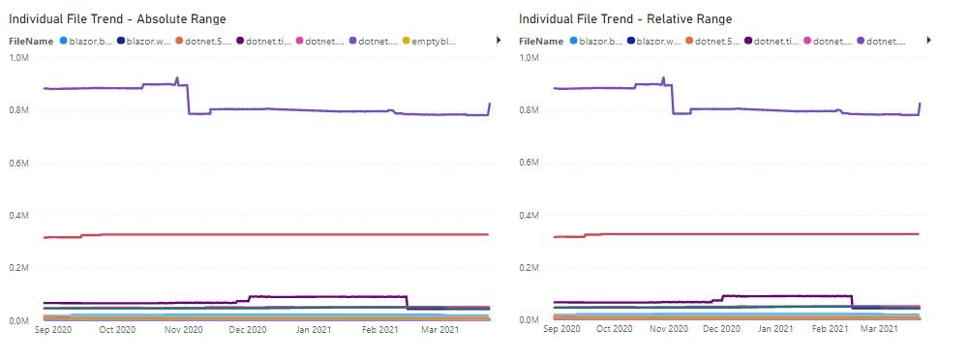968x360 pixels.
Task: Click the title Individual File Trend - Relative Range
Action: pyautogui.click(x=625, y=19)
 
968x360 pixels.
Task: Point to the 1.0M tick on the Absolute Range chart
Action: pyautogui.click(x=19, y=57)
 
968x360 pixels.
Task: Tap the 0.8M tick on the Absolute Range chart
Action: pyautogui.click(x=19, y=109)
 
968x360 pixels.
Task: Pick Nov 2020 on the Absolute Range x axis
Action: pyautogui.click(x=184, y=330)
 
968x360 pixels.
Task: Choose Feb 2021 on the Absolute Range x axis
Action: pyautogui.click(x=379, y=330)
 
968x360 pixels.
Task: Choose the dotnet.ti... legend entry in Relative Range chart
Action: pyautogui.click(x=773, y=42)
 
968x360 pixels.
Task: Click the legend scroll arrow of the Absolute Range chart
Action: pyautogui.click(x=499, y=41)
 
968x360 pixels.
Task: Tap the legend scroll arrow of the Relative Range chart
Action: pyautogui.click(x=927, y=41)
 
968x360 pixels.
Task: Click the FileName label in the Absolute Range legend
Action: pyautogui.click(x=30, y=42)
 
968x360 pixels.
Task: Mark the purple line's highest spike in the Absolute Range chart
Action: pyautogui.click(x=176, y=78)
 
